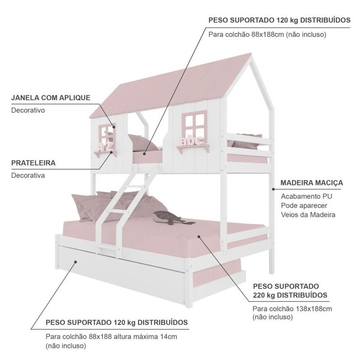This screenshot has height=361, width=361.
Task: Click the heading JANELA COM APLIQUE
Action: tap(51, 97)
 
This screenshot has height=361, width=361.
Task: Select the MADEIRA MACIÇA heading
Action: tap(311, 183)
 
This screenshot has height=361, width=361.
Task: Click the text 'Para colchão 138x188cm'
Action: tap(292, 309)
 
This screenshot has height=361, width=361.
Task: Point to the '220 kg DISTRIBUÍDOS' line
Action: tap(290, 296)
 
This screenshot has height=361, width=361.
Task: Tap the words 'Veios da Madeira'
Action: tap(308, 215)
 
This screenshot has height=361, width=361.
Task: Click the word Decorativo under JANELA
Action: tap(28, 110)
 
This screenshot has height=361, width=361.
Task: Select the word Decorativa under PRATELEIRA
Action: tap(28, 175)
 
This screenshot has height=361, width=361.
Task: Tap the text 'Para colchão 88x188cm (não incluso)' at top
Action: tap(267, 34)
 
